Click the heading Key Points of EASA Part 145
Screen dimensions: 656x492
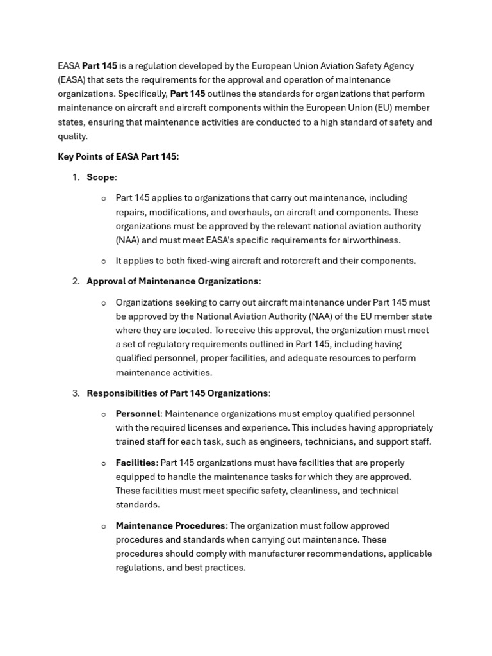118,156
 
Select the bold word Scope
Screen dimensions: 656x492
101,177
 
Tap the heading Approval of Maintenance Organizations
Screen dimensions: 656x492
173,281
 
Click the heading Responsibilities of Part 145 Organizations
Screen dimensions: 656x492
177,393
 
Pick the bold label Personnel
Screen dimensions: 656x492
138,414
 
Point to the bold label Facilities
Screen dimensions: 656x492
135,463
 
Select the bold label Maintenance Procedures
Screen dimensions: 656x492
170,525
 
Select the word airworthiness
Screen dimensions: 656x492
370,240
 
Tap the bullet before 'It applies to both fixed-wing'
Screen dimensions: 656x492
104,261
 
